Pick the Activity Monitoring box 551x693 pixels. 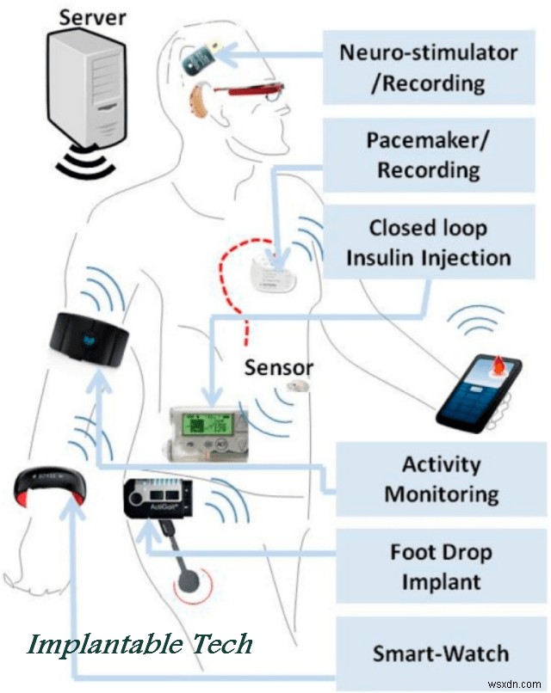pos(441,479)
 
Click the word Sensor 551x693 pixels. pos(280,368)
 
